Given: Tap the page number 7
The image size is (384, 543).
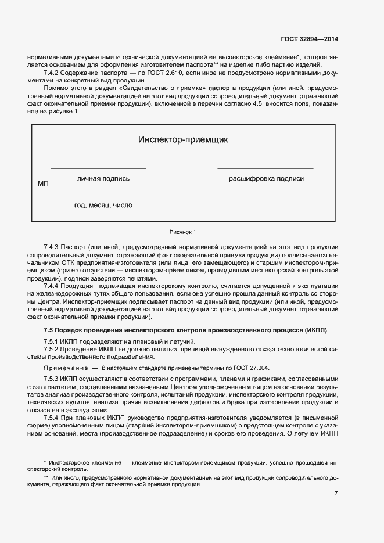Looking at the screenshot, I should point(336,494).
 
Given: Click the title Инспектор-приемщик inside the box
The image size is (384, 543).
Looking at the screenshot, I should point(183,139).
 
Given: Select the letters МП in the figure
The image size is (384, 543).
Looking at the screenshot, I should point(43,184).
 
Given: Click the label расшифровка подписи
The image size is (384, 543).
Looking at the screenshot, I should point(266,179).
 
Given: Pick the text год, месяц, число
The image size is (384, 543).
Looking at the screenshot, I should point(103,205).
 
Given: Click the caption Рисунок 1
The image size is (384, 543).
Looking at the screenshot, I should point(183,232).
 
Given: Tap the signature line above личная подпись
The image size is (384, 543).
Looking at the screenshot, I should point(99,168).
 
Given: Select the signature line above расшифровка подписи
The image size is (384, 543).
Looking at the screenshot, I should point(265,168).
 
